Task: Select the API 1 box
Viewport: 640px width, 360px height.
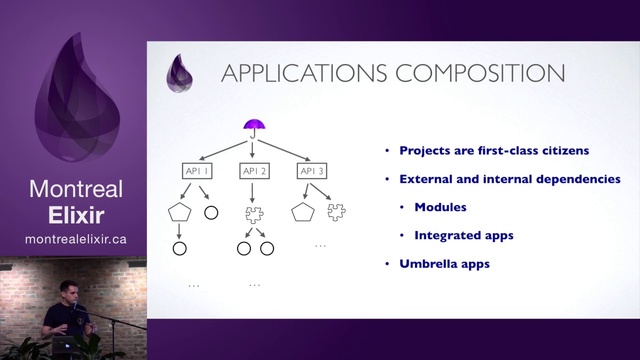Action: pos(197,171)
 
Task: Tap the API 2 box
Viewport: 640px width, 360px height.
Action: pos(254,171)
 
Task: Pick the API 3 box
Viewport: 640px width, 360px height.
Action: pos(311,171)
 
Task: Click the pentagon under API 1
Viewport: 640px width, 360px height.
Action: pos(179,212)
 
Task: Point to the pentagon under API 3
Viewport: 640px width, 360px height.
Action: pos(302,212)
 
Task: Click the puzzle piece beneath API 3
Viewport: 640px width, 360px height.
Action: pos(336,212)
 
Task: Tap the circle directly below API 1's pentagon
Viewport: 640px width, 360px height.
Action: pos(179,248)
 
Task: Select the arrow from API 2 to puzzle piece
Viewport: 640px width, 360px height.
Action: pos(252,193)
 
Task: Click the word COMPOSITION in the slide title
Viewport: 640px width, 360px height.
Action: pos(480,73)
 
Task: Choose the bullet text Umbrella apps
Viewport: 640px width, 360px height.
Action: pos(444,264)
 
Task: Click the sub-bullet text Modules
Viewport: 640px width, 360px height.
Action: pos(440,207)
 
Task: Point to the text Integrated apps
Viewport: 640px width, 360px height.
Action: pos(463,235)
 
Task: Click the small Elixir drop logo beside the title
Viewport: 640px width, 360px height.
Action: pos(179,73)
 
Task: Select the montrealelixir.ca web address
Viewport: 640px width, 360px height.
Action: pos(75,239)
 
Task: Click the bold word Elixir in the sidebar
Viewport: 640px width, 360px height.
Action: pos(76,215)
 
